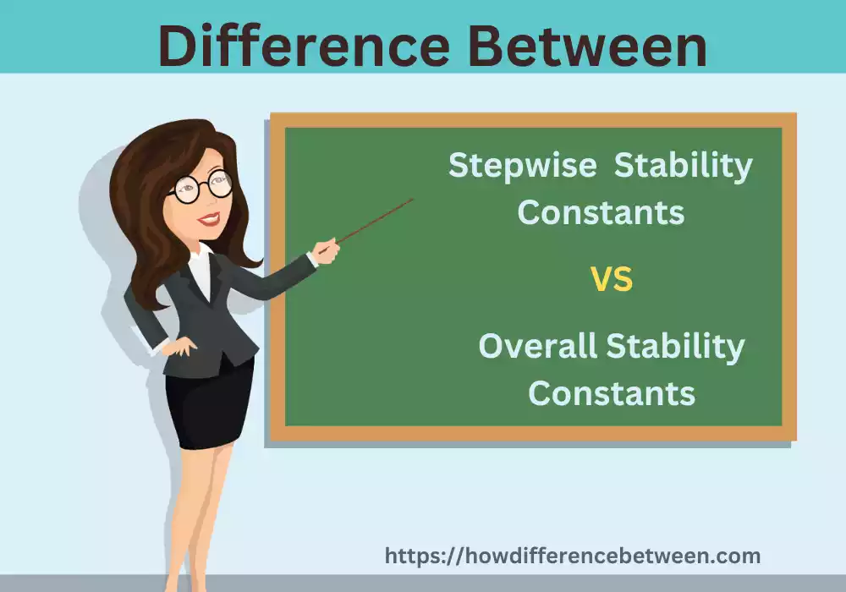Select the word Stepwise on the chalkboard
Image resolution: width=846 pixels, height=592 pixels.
pyautogui.click(x=522, y=166)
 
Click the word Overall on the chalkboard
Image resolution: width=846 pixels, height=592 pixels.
pyautogui.click(x=538, y=346)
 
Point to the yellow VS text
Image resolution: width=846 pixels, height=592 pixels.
pyautogui.click(x=611, y=280)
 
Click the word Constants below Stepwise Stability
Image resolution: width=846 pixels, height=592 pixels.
pyautogui.click(x=601, y=212)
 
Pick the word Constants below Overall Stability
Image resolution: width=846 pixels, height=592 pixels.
pyautogui.click(x=612, y=392)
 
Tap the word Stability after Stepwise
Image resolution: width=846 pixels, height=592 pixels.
pyautogui.click(x=683, y=166)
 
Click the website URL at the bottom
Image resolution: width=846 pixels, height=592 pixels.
pyautogui.click(x=573, y=556)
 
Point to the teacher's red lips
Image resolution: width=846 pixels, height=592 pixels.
pyautogui.click(x=208, y=220)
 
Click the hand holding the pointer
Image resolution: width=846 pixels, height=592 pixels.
pyautogui.click(x=326, y=249)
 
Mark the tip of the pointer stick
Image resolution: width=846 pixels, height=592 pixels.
pyautogui.click(x=412, y=200)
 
